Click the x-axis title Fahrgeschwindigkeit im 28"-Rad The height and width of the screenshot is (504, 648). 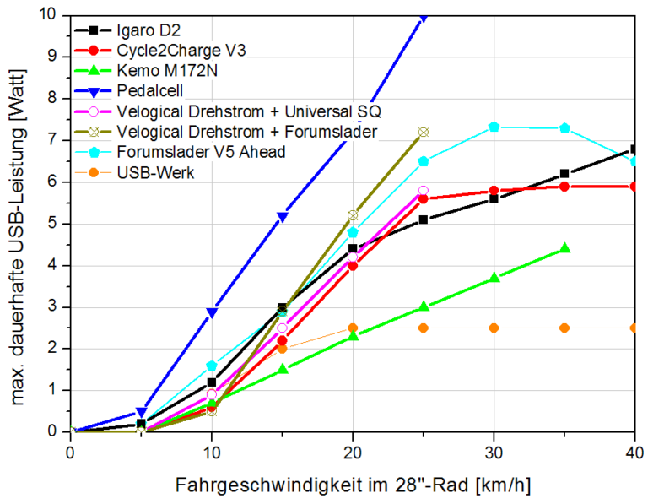point(353,485)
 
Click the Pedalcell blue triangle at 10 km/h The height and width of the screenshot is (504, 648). point(212,312)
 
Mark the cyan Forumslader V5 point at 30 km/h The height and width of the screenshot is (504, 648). point(494,127)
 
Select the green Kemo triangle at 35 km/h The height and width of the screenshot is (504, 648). point(564,248)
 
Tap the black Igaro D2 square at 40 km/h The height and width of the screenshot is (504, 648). point(634,149)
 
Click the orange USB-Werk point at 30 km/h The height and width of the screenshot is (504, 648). point(494,328)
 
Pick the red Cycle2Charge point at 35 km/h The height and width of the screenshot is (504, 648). point(564,186)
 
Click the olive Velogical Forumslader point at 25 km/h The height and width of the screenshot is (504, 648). point(424,132)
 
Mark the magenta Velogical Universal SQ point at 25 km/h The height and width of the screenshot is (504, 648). point(424,191)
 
